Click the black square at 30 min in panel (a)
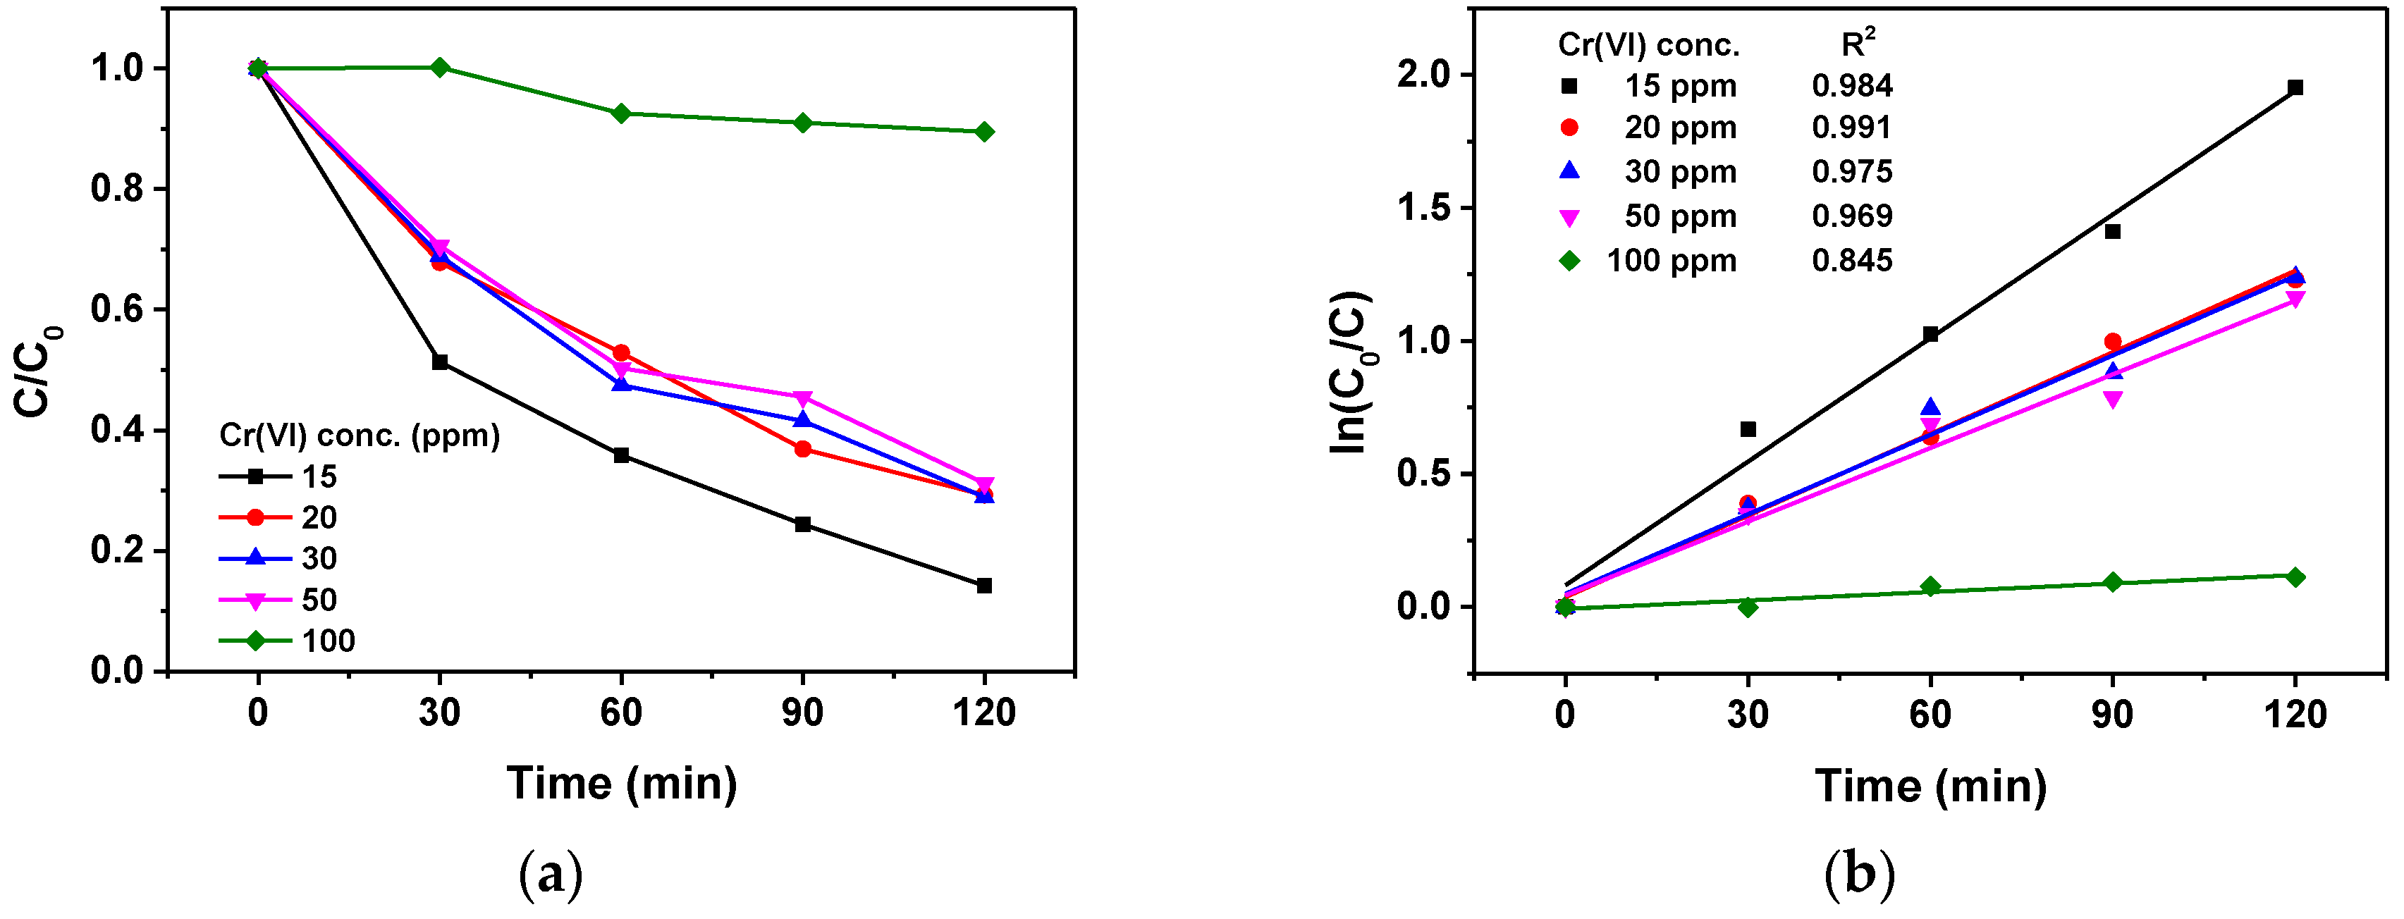(x=439, y=362)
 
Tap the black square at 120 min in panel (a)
(x=983, y=586)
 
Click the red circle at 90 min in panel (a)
(x=802, y=450)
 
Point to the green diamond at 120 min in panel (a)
(x=983, y=132)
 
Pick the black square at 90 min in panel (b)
(x=2113, y=231)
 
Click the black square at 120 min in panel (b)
(x=2295, y=87)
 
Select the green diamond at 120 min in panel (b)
(x=2295, y=577)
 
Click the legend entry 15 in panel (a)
(x=318, y=476)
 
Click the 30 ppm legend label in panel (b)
(x=1680, y=172)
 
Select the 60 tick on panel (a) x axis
(x=620, y=713)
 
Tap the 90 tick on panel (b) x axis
(x=2113, y=715)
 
